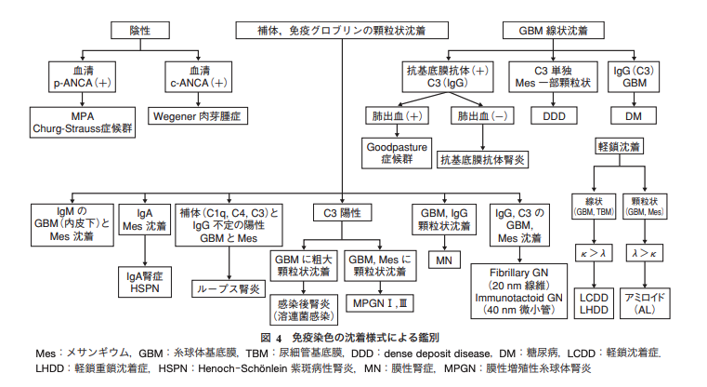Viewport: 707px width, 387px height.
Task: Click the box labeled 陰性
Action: (x=140, y=31)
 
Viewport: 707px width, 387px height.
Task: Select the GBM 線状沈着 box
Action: (x=554, y=31)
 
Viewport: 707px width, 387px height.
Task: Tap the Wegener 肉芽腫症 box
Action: (x=198, y=116)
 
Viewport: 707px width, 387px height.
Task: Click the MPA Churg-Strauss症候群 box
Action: (x=83, y=123)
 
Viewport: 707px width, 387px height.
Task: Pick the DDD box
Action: (x=554, y=116)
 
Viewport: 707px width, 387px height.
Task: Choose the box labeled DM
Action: (x=633, y=116)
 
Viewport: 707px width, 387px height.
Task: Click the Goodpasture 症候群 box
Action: (x=397, y=153)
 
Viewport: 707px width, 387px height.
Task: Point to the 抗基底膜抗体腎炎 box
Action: (x=482, y=160)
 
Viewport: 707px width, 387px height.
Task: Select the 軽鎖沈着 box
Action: (x=619, y=147)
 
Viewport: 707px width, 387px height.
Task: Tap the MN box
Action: (x=444, y=260)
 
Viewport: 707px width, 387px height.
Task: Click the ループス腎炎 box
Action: (x=229, y=288)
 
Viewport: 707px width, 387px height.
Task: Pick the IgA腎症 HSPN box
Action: (x=145, y=282)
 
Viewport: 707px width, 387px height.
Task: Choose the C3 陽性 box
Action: (x=342, y=213)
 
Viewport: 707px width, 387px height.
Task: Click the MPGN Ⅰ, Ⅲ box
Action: (x=380, y=303)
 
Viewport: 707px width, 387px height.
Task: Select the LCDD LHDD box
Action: (x=594, y=303)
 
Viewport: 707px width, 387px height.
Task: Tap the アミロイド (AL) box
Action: (x=645, y=303)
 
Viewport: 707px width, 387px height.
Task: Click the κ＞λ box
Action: (x=594, y=253)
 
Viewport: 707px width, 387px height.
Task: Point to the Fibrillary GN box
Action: (x=519, y=291)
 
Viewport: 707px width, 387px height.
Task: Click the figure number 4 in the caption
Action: (x=279, y=338)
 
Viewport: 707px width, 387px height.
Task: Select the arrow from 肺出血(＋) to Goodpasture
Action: (x=397, y=131)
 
